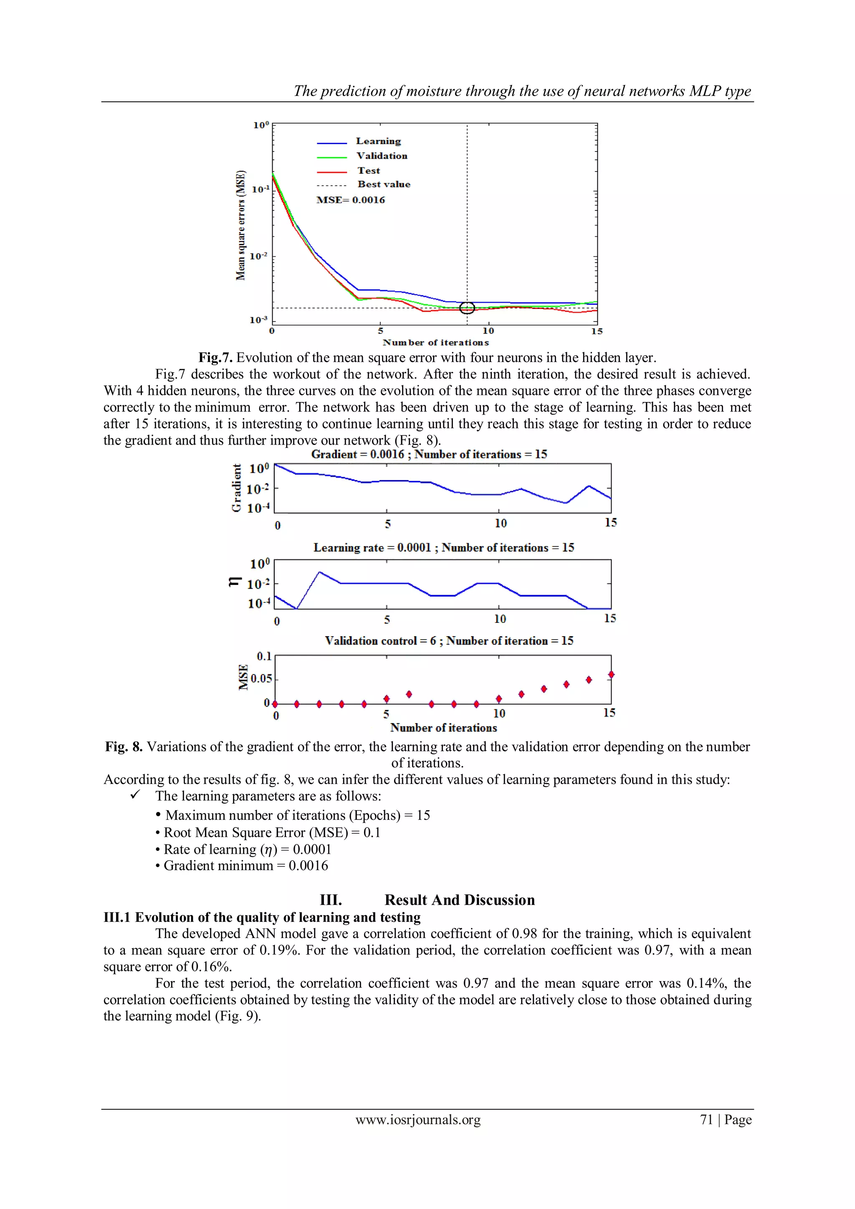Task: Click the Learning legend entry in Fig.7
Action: click(378, 141)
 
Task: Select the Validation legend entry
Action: click(381, 156)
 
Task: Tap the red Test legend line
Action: click(331, 172)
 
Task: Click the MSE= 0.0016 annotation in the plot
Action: click(350, 200)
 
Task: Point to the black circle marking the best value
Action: click(467, 308)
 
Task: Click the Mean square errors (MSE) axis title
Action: click(240, 225)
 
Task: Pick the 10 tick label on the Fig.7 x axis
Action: click(488, 331)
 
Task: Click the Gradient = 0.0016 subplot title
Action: click(429, 454)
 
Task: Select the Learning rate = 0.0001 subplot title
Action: click(443, 548)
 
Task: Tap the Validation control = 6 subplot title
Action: click(448, 641)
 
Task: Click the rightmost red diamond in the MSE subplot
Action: click(611, 675)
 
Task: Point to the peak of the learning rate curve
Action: click(319, 572)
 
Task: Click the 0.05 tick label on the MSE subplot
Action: click(261, 678)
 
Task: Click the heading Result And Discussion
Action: click(459, 900)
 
